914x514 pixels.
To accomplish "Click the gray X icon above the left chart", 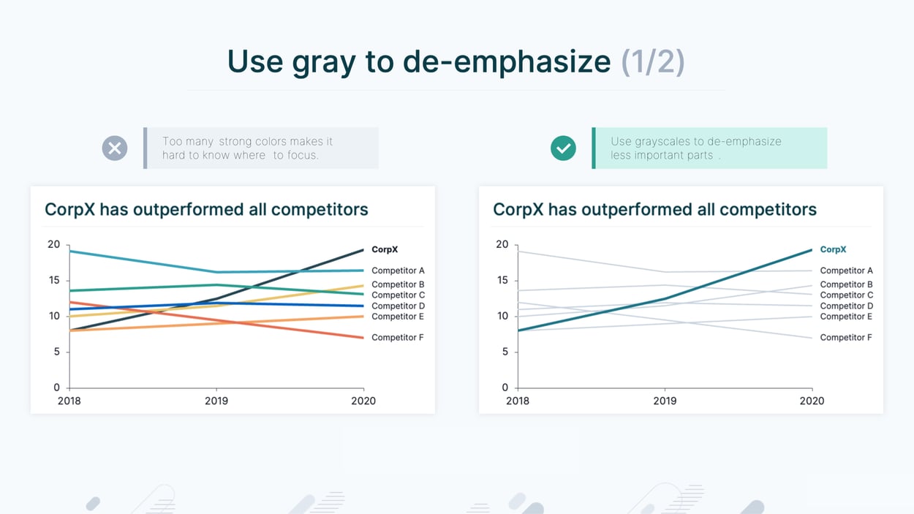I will pyautogui.click(x=115, y=148).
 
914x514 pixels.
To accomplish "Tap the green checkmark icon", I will pyautogui.click(x=563, y=148).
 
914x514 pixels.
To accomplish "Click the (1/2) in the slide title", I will pyautogui.click(x=652, y=61).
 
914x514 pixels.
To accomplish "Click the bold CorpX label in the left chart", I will pyautogui.click(x=385, y=250).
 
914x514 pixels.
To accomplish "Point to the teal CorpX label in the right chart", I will pyautogui.click(x=833, y=250).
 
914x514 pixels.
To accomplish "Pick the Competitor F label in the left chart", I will pyautogui.click(x=398, y=338).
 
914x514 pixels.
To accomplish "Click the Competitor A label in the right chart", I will pyautogui.click(x=846, y=271).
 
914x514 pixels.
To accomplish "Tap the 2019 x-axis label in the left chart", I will pyautogui.click(x=216, y=401).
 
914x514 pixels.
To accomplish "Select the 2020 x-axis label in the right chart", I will pyautogui.click(x=812, y=401).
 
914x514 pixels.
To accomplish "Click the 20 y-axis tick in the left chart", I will pyautogui.click(x=53, y=244).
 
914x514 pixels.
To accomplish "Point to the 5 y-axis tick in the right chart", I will pyautogui.click(x=505, y=352).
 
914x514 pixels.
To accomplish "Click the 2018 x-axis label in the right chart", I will pyautogui.click(x=518, y=401).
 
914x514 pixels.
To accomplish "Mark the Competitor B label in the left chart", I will pyautogui.click(x=398, y=284).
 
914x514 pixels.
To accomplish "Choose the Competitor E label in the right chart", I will pyautogui.click(x=846, y=317).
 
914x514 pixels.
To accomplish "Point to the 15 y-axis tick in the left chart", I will pyautogui.click(x=53, y=280).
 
